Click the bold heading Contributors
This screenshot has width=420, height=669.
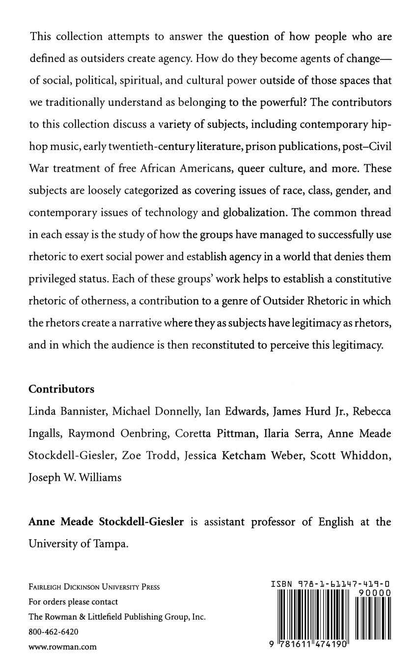click(x=61, y=389)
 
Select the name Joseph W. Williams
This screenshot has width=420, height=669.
click(x=75, y=477)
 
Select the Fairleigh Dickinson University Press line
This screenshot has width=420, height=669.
click(x=94, y=587)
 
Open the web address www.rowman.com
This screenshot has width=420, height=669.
click(x=62, y=647)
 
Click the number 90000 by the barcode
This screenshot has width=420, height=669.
click(x=375, y=593)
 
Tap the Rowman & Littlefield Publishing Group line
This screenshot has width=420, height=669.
click(x=117, y=617)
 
